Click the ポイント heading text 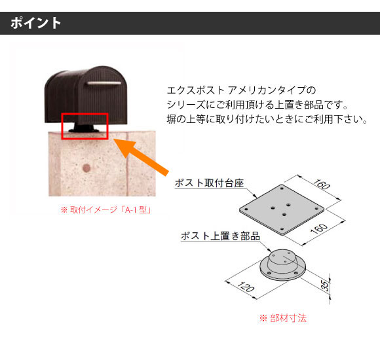pyautogui.click(x=35, y=23)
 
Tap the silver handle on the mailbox pyautogui.click(x=104, y=83)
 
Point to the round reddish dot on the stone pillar pyautogui.click(x=86, y=168)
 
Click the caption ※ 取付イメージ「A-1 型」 pyautogui.click(x=106, y=209)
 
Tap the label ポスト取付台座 pyautogui.click(x=209, y=183)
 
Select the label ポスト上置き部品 pyautogui.click(x=220, y=236)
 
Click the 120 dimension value pyautogui.click(x=246, y=287)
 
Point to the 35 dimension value pyautogui.click(x=326, y=285)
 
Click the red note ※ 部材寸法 pyautogui.click(x=283, y=318)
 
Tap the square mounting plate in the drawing pyautogui.click(x=282, y=209)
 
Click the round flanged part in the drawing pyautogui.click(x=282, y=265)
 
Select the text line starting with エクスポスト pyautogui.click(x=241, y=90)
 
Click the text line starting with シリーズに pyautogui.click(x=257, y=105)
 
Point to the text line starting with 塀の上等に pyautogui.click(x=267, y=119)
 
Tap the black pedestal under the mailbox pyautogui.click(x=84, y=128)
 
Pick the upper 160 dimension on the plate pyautogui.click(x=322, y=185)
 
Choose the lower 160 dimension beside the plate pyautogui.click(x=319, y=229)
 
